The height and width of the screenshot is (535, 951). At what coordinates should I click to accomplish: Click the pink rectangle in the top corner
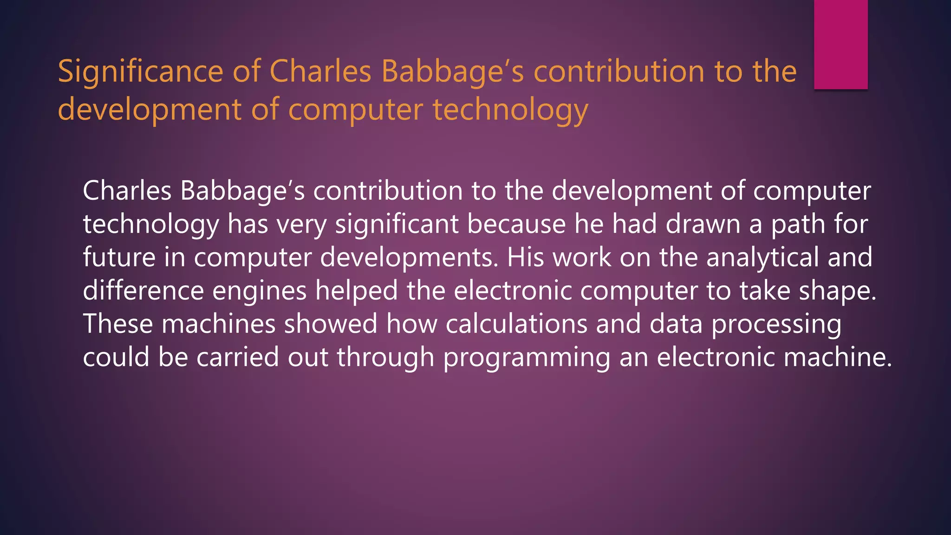point(840,44)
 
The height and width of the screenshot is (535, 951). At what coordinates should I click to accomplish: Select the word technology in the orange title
point(510,111)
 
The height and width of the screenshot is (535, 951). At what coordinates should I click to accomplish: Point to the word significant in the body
point(397,224)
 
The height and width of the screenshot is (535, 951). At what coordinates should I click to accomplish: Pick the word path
point(798,224)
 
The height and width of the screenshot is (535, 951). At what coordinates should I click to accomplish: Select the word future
point(119,257)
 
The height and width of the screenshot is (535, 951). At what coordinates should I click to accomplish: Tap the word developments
point(409,257)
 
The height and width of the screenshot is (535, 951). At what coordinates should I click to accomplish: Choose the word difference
point(143,291)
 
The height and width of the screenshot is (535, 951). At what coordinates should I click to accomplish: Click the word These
point(117,324)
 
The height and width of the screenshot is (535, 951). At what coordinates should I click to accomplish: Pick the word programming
point(527,358)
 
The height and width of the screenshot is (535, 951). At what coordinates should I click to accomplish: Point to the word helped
point(356,291)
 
